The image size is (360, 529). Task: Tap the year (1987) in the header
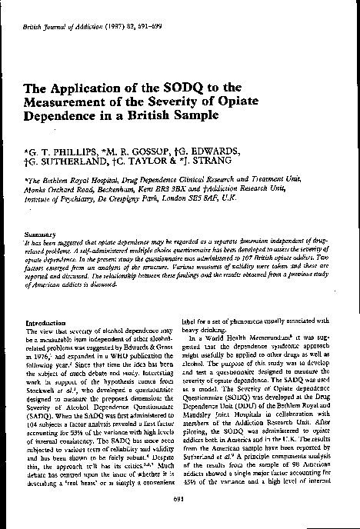click(x=110, y=15)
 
